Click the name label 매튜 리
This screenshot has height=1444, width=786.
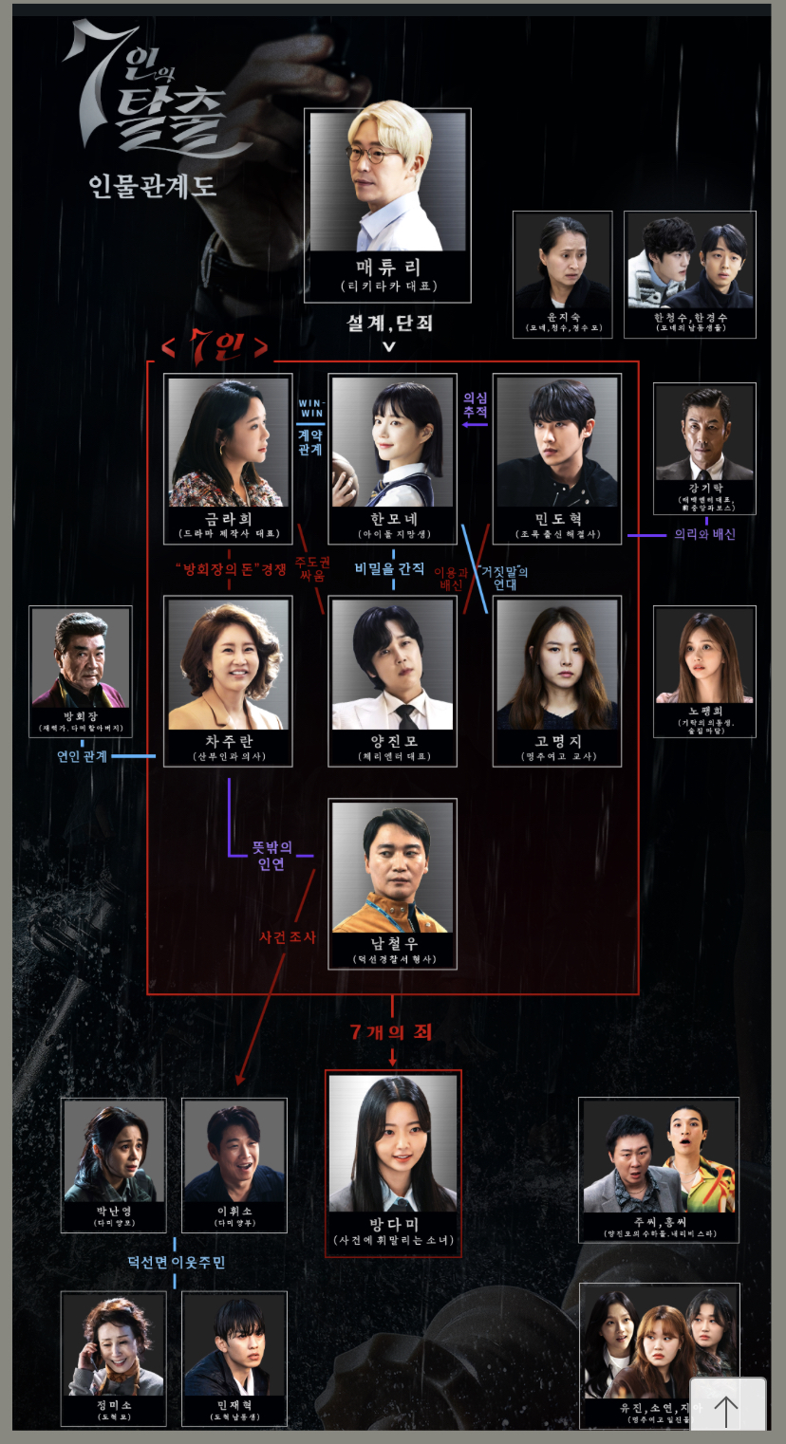tap(387, 268)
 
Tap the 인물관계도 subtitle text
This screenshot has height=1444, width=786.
tap(154, 184)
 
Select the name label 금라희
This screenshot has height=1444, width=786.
tap(229, 520)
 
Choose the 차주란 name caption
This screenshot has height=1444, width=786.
tap(229, 741)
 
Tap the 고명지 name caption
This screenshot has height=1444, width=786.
tap(558, 741)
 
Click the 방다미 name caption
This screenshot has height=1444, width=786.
tap(394, 1224)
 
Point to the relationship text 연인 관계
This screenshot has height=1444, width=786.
tap(83, 756)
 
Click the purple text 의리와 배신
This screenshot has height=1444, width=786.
tap(704, 534)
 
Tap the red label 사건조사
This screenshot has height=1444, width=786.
tap(287, 936)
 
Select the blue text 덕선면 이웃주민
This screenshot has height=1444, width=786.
tap(176, 1263)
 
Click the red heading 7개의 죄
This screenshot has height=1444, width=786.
tap(391, 1031)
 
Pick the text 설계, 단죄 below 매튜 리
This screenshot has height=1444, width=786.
tap(389, 323)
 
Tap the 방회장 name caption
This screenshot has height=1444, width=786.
tap(81, 715)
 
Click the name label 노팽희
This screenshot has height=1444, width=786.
tap(704, 711)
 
